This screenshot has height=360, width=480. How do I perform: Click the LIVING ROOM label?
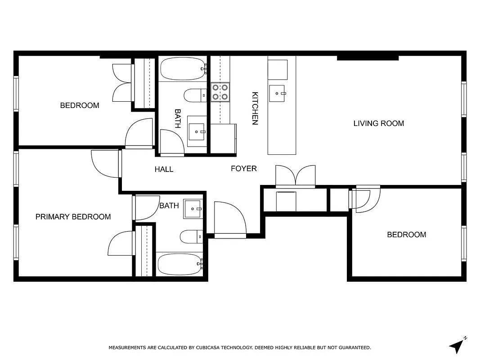pos(378,123)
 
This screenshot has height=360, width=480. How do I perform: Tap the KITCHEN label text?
pos(255,108)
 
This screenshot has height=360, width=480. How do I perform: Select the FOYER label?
pos(244,169)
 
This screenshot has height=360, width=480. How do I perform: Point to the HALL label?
pos(164,170)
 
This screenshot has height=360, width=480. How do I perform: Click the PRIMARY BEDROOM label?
pos(73,217)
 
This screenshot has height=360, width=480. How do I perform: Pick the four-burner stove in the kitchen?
pos(220,92)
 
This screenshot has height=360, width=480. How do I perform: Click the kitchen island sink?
pos(278,93)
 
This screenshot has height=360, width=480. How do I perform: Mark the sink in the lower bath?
pos(193,209)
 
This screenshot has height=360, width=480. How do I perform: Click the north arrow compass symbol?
pos(457,345)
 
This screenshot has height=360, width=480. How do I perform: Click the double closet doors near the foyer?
pos(296,175)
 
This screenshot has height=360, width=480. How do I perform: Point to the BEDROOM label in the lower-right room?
pos(406,235)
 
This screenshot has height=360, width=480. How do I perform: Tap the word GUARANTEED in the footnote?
pos(353,348)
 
